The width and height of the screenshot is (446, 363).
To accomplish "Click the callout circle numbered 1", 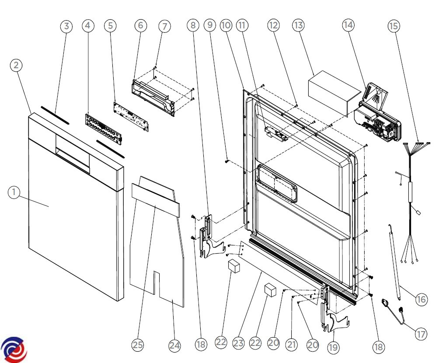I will click(x=14, y=192).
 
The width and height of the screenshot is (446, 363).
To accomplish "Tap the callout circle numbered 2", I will click(x=16, y=65).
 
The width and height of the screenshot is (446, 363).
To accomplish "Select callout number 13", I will click(x=298, y=25).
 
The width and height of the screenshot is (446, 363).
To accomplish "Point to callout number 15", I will click(x=394, y=26).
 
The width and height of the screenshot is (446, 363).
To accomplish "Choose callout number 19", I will click(x=333, y=347).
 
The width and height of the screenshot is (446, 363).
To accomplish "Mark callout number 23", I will click(x=238, y=343).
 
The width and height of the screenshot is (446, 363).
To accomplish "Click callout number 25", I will click(x=138, y=345).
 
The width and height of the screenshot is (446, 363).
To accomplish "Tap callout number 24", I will click(x=174, y=346).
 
